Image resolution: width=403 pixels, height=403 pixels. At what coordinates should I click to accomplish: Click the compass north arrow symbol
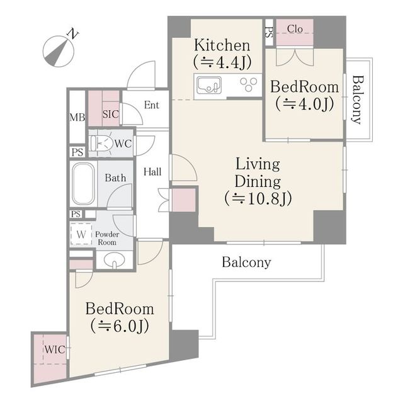(58, 52)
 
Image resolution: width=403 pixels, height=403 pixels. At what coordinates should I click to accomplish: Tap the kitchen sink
(209, 85)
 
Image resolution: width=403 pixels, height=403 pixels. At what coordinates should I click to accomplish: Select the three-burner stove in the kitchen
(248, 84)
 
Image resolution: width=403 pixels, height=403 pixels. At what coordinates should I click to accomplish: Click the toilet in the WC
(101, 143)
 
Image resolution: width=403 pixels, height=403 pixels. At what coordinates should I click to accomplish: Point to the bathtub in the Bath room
(82, 183)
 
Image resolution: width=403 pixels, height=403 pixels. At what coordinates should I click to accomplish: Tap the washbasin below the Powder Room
(115, 260)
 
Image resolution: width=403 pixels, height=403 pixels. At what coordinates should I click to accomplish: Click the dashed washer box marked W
(81, 234)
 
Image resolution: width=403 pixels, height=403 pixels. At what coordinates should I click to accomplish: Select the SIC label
(111, 114)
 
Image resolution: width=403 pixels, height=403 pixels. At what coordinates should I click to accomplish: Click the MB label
(77, 118)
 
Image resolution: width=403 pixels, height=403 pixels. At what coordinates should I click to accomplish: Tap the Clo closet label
(295, 29)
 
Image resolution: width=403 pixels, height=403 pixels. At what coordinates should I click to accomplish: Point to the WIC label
(55, 349)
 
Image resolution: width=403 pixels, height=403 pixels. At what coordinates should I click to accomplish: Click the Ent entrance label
(151, 105)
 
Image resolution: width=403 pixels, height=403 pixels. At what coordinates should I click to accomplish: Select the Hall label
(152, 172)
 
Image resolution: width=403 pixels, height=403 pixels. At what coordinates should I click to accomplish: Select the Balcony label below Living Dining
(246, 263)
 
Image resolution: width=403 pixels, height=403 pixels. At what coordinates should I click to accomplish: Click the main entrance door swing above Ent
(142, 74)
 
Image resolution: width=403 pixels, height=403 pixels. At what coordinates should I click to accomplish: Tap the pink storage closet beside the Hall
(183, 200)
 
